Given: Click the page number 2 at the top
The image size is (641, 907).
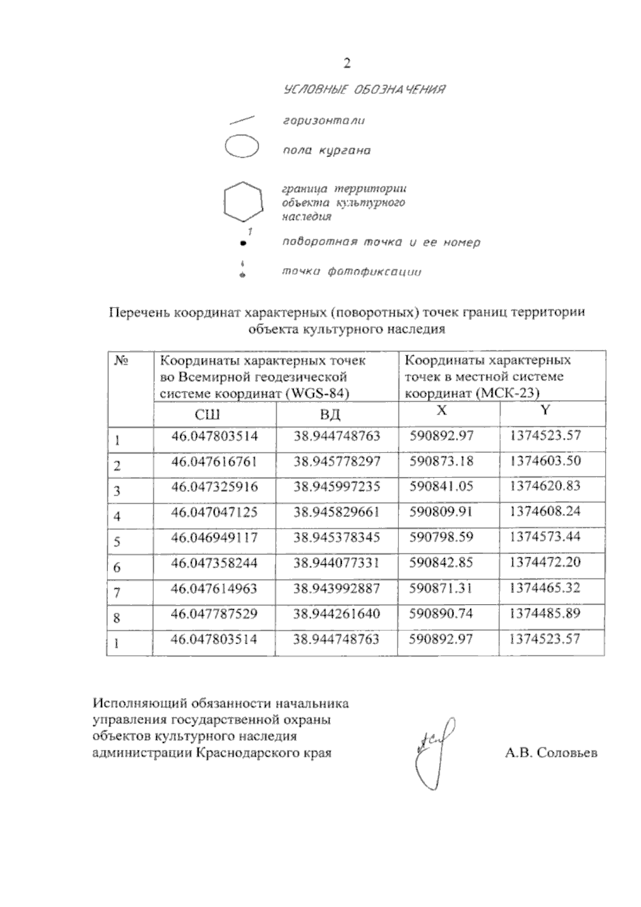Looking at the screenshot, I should point(347,64).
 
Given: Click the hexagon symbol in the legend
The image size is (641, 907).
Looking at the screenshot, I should point(243,201).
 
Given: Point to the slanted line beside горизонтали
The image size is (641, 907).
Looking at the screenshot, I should point(241,120).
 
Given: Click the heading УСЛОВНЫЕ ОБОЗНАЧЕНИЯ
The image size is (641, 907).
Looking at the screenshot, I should point(364,89).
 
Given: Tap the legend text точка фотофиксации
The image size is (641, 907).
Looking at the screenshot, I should point(351,272).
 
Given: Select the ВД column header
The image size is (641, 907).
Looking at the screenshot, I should point(330,415).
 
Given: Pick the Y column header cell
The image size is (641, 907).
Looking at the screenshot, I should point(545,410).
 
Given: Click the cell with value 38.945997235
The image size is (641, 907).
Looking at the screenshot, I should point(337,487).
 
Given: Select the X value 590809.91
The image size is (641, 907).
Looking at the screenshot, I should point(441,512).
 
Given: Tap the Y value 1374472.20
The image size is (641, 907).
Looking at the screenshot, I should point(545,562).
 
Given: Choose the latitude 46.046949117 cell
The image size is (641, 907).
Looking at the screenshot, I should point(214,537).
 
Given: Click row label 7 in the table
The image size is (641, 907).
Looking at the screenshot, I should point(117,592).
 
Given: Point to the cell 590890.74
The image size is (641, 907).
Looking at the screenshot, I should point(441,614).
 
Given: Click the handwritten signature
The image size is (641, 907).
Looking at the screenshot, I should point(433,750).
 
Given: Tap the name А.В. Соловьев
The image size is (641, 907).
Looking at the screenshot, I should point(551,753).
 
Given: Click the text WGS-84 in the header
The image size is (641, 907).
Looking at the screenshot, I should point(317,394).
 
